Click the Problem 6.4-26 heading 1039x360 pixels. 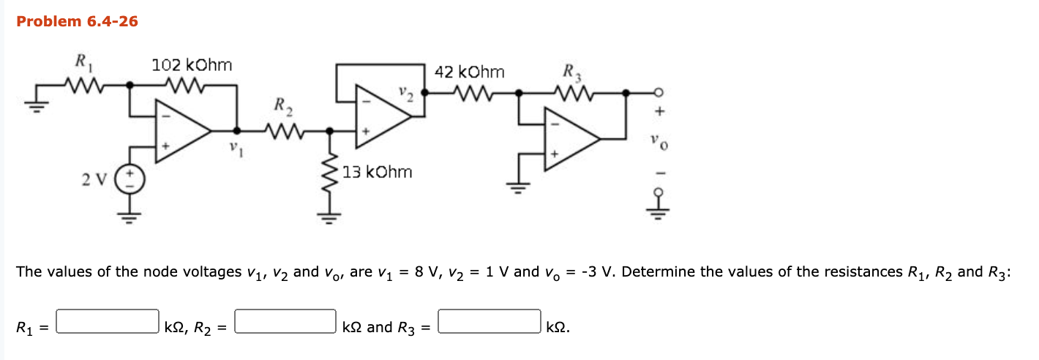(77, 21)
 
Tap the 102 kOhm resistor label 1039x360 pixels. (192, 65)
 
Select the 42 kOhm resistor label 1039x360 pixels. (469, 72)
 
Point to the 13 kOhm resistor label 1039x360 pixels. (377, 172)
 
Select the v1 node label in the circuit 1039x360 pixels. (233, 146)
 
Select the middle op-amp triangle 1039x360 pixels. (382, 112)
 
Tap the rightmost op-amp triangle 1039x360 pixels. (571, 138)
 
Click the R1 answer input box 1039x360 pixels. (108, 321)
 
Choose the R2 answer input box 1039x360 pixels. (285, 321)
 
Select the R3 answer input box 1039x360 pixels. (489, 321)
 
